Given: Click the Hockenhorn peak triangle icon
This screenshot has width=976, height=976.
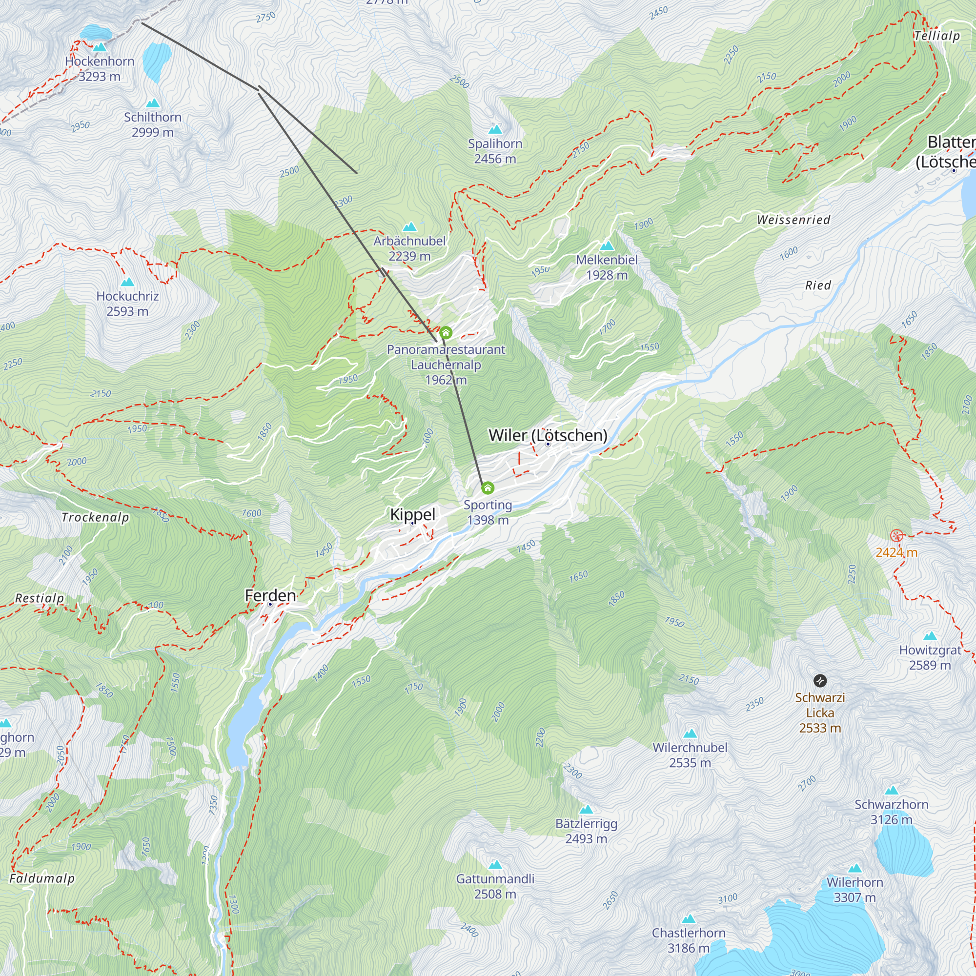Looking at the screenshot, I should pyautogui.click(x=100, y=47).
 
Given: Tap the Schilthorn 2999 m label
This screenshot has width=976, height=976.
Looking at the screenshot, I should pyautogui.click(x=153, y=124).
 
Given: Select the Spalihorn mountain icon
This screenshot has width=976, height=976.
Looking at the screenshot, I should pyautogui.click(x=495, y=129).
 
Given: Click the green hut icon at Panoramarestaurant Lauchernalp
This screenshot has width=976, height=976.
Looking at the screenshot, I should pyautogui.click(x=445, y=332).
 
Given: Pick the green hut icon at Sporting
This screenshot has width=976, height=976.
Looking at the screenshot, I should pyautogui.click(x=488, y=488).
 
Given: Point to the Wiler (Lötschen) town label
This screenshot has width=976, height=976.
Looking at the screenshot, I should pyautogui.click(x=548, y=435).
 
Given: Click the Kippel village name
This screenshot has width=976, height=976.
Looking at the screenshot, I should pyautogui.click(x=412, y=514).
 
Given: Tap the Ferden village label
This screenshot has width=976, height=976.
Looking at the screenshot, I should pyautogui.click(x=270, y=595).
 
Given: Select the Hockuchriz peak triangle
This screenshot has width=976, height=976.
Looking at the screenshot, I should pyautogui.click(x=127, y=282).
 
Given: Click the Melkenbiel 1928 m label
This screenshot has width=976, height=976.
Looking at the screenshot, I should pyautogui.click(x=606, y=267).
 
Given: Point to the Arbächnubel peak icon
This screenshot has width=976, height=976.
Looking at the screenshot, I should pyautogui.click(x=409, y=227).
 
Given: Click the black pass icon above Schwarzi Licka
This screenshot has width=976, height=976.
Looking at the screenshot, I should pyautogui.click(x=820, y=680).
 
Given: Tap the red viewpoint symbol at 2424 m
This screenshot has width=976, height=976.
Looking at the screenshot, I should pyautogui.click(x=896, y=536).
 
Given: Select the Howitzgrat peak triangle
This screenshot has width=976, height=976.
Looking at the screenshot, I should pyautogui.click(x=930, y=636).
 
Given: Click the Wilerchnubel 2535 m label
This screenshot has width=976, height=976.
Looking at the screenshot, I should pyautogui.click(x=690, y=755).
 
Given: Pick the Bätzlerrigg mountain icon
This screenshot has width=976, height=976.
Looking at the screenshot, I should pyautogui.click(x=586, y=810).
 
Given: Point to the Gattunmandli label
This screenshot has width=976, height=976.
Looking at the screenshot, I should pyautogui.click(x=494, y=879).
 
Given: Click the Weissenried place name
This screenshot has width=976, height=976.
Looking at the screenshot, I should pyautogui.click(x=793, y=220).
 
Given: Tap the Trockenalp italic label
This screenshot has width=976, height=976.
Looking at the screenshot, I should pyautogui.click(x=95, y=517).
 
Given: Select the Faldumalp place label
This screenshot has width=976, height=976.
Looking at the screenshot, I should pyautogui.click(x=42, y=878).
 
